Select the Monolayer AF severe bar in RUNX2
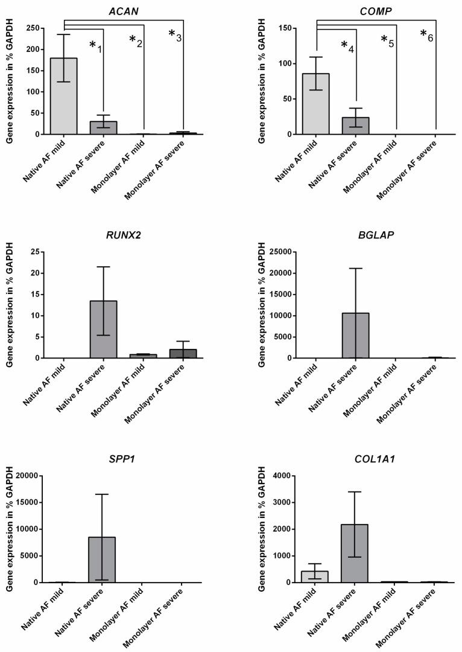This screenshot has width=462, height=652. pyautogui.click(x=183, y=353)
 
